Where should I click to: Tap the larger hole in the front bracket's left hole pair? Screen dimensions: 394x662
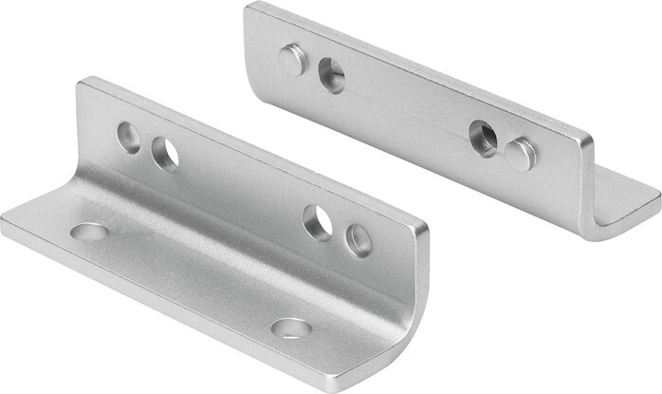(164, 153)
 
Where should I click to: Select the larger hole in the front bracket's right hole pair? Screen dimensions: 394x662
(317, 220)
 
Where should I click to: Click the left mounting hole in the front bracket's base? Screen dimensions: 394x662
(89, 232)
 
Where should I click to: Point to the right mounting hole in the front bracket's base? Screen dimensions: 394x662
(290, 328)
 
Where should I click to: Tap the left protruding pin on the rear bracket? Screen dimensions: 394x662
(292, 61)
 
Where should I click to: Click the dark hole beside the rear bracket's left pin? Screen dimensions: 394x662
(332, 75)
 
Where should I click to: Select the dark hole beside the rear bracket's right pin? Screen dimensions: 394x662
(483, 137)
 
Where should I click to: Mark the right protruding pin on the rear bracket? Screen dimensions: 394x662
(519, 154)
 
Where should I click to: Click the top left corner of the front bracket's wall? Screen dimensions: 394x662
(82, 80)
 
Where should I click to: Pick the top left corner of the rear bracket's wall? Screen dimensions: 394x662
(248, 5)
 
